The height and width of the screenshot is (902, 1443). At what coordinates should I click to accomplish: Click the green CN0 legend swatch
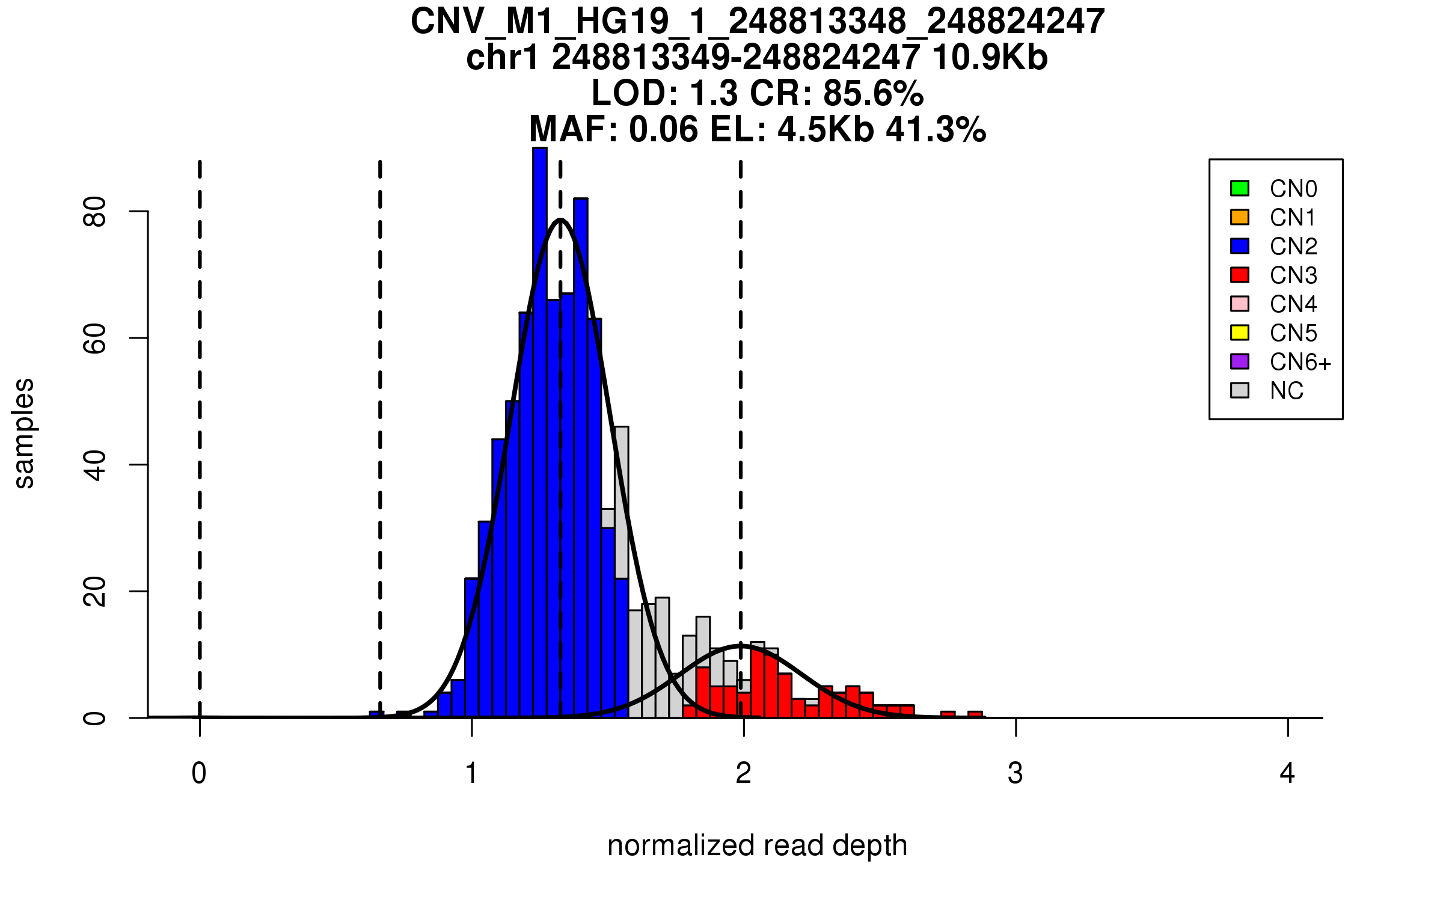click(x=1239, y=188)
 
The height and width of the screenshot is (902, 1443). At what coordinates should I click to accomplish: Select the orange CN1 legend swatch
click(x=1239, y=217)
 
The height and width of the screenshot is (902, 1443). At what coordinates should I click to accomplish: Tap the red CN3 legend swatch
click(x=1239, y=275)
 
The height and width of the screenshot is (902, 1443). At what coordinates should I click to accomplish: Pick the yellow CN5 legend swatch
click(x=1239, y=333)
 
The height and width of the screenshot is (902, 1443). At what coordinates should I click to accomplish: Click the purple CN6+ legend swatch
click(x=1239, y=361)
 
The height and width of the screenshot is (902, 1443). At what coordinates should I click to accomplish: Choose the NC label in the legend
click(x=1286, y=391)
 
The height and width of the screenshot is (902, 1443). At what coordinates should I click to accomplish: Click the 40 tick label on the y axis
click(x=95, y=465)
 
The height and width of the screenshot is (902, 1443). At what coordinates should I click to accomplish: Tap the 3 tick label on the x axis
click(x=1016, y=773)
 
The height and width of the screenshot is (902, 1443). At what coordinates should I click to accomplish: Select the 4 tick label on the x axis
click(x=1287, y=773)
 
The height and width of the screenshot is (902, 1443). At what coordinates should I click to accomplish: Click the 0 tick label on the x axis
click(x=199, y=773)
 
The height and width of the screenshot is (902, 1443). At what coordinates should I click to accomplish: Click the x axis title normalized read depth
click(x=757, y=845)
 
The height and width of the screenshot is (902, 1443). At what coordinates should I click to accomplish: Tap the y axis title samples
click(x=24, y=434)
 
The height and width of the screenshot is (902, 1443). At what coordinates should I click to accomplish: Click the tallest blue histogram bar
click(x=540, y=421)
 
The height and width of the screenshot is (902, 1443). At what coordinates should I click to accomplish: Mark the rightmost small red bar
click(x=975, y=714)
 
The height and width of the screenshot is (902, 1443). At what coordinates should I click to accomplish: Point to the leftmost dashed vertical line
click(x=200, y=421)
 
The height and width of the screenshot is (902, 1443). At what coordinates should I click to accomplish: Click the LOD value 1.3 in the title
click(x=715, y=94)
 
